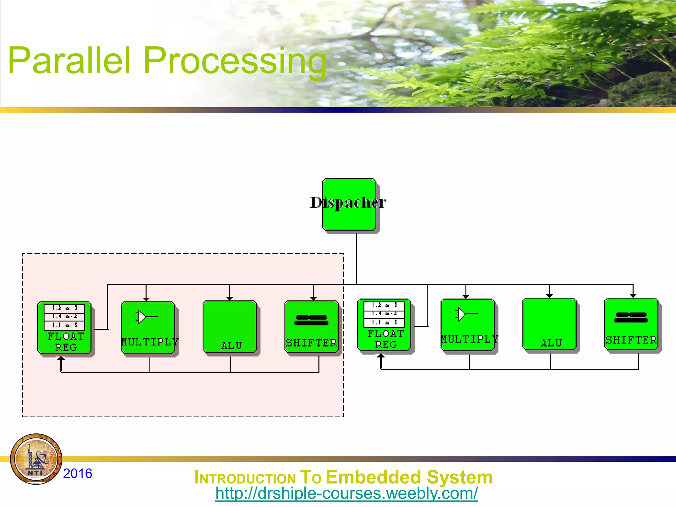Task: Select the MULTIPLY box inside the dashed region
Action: [x=148, y=327]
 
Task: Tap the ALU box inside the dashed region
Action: [x=230, y=327]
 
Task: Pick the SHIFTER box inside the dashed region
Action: [x=312, y=327]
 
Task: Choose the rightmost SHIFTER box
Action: [x=631, y=324]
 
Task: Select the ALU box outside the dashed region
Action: [x=550, y=324]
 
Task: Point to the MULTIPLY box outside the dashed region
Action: [x=468, y=325]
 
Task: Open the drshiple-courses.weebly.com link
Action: [x=346, y=493]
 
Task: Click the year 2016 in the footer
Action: [x=78, y=473]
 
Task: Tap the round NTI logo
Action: [x=36, y=459]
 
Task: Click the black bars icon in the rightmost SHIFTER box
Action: [x=631, y=317]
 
